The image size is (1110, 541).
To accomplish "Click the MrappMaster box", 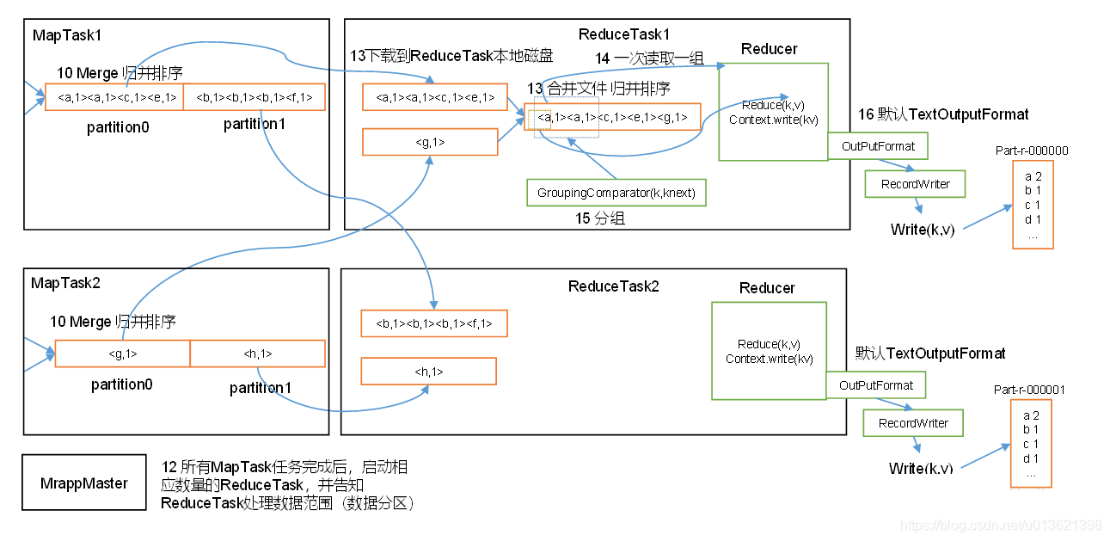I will point(83,483).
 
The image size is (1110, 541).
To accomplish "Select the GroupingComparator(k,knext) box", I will point(616,193).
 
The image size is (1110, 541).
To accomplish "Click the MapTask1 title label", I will point(66,35).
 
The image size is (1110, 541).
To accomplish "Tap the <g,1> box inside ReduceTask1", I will point(430,142).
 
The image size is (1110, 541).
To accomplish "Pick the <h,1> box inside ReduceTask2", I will point(428,372).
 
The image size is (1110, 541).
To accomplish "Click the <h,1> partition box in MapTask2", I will point(257,353).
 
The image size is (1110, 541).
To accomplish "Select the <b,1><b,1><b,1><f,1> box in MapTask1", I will point(255,97).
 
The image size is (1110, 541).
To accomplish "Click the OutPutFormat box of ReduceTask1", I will point(878,146).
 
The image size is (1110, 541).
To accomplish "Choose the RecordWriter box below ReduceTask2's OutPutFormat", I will point(913,423).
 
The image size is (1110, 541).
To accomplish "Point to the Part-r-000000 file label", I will point(1032,151).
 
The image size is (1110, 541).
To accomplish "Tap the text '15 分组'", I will point(600,219).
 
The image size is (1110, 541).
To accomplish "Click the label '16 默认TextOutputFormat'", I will point(943,114).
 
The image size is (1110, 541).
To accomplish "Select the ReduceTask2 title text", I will point(613,286).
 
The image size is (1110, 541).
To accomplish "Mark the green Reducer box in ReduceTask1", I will point(773,112).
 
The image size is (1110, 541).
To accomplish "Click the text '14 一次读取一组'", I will point(650,58).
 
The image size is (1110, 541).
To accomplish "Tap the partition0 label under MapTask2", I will point(121,384).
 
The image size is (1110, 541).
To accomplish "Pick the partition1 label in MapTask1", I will point(254,125).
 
